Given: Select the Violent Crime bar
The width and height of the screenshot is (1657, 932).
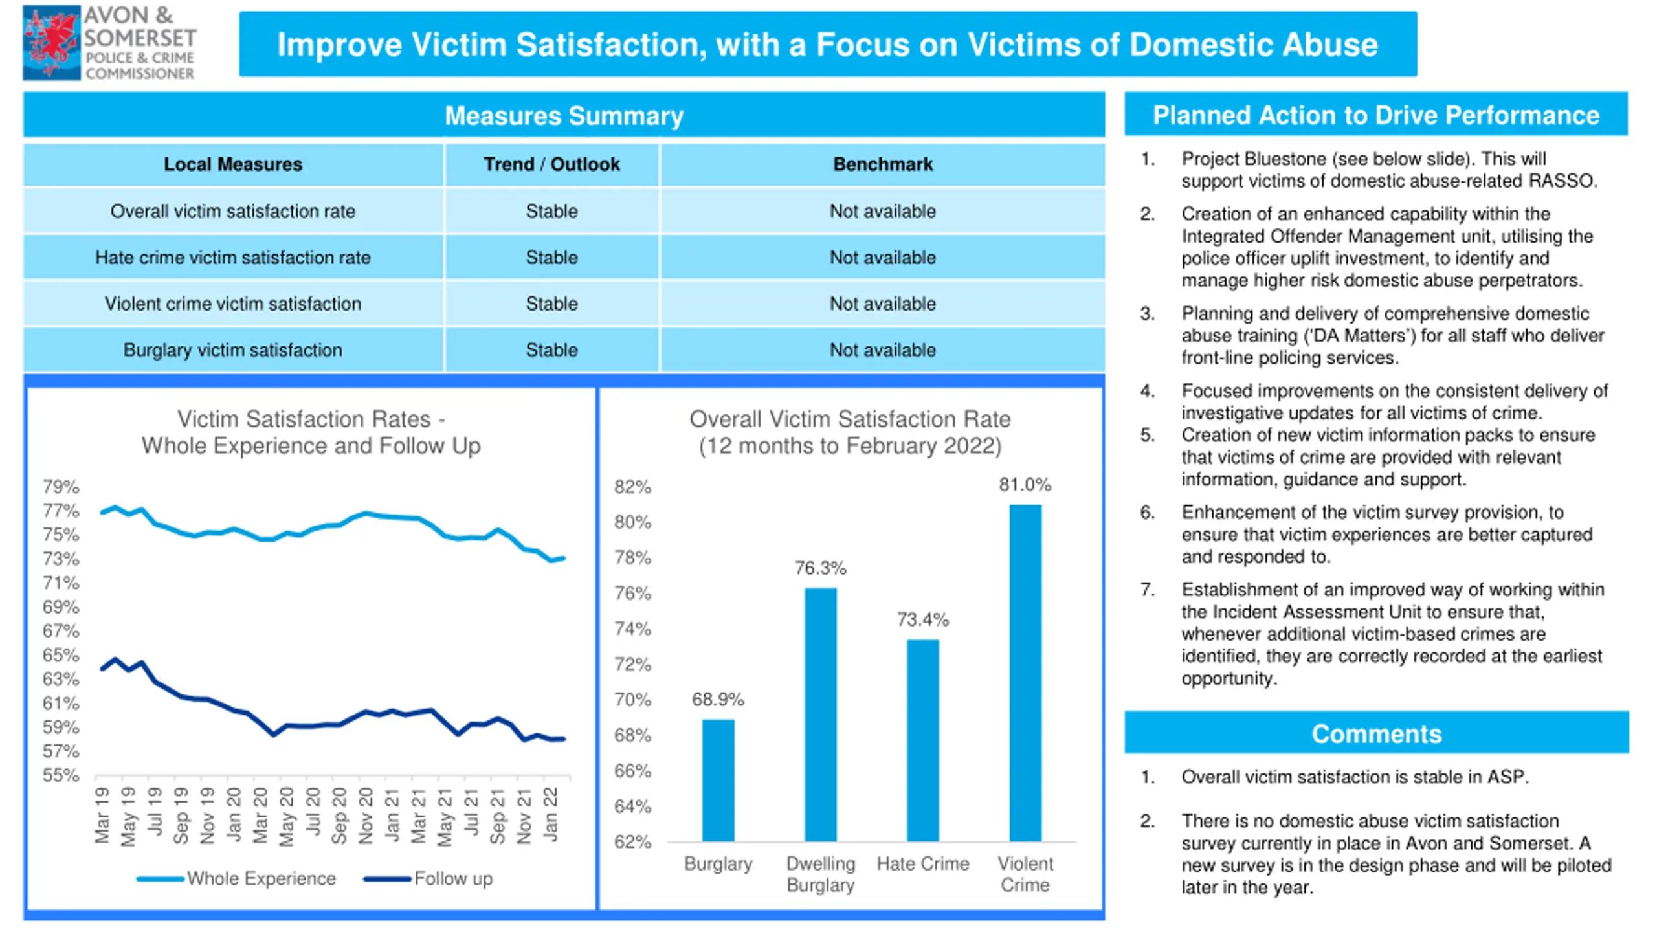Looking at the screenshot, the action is [x=1025, y=673].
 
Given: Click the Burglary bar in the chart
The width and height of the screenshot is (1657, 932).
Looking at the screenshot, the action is [x=718, y=781].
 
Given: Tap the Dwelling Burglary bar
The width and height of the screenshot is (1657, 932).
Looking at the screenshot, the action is [x=821, y=715].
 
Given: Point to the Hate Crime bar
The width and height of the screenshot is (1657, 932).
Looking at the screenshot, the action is [x=923, y=740].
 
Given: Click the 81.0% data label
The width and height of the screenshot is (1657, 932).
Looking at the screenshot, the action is [x=1025, y=484].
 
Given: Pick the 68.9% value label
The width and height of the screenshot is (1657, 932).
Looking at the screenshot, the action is [x=718, y=699].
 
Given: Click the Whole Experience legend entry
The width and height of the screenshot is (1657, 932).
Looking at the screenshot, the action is [x=236, y=878].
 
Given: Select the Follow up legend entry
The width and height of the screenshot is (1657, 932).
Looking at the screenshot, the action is [x=428, y=878].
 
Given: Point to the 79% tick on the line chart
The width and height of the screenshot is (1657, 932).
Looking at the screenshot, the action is [x=61, y=487].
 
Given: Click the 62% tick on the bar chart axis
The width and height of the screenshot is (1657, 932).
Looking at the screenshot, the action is [x=632, y=841].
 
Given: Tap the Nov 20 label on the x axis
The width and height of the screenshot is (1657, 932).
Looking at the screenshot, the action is [x=366, y=815].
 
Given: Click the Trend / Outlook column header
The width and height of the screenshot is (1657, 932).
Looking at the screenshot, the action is [x=551, y=164].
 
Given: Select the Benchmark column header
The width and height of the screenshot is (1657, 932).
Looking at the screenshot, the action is [x=883, y=164].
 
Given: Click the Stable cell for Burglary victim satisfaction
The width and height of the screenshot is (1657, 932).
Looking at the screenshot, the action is [x=551, y=350].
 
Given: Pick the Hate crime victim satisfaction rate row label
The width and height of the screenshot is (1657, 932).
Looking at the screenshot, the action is [x=233, y=258].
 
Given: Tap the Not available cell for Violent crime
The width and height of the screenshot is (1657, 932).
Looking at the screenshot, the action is [x=883, y=304].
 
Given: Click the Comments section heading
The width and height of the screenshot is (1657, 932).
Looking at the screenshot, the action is [x=1377, y=734].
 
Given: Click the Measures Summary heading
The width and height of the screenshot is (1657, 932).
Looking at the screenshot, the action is [x=564, y=116].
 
